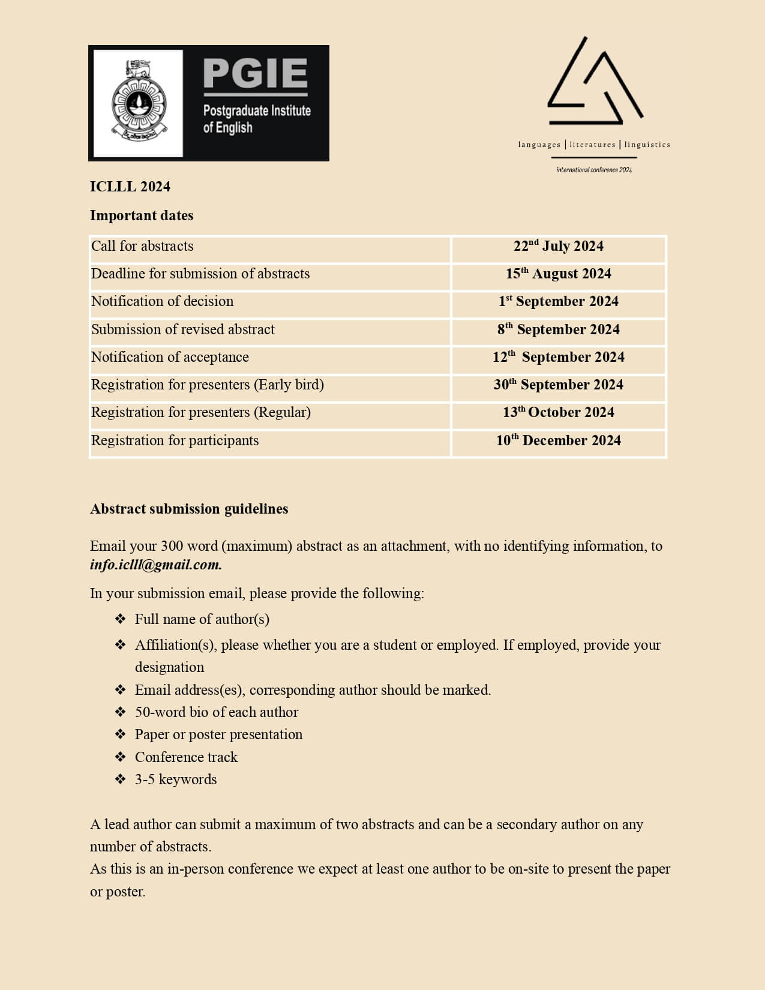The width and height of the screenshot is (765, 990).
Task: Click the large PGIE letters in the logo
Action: pyautogui.click(x=256, y=73)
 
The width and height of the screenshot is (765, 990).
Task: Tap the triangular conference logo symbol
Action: pyautogui.click(x=594, y=84)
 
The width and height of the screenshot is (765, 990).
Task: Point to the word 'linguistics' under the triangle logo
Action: pyautogui.click(x=647, y=145)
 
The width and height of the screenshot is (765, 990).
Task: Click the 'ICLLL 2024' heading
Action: pyautogui.click(x=130, y=187)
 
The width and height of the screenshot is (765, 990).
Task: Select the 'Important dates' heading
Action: pyautogui.click(x=142, y=215)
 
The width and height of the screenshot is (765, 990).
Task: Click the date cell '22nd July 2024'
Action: pyautogui.click(x=558, y=247)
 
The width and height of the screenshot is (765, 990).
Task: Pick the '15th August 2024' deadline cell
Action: pyautogui.click(x=558, y=274)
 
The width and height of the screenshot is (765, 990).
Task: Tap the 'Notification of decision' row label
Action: pyautogui.click(x=162, y=301)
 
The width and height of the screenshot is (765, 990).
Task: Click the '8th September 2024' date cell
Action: pyautogui.click(x=558, y=329)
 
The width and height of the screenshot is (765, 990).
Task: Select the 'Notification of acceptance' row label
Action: pyautogui.click(x=170, y=357)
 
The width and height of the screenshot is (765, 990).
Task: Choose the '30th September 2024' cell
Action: pyautogui.click(x=558, y=385)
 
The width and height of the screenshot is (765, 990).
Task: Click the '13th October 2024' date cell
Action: pyautogui.click(x=558, y=412)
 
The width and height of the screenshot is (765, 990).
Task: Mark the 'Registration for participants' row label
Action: pyautogui.click(x=175, y=440)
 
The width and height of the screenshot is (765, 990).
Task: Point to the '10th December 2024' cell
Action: pyautogui.click(x=558, y=440)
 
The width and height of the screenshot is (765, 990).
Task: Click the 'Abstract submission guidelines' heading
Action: pyautogui.click(x=189, y=509)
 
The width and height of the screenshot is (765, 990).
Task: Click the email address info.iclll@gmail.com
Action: pyautogui.click(x=156, y=565)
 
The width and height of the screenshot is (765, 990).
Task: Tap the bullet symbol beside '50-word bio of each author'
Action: pyautogui.click(x=121, y=712)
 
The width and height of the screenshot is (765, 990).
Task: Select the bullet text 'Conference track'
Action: pyautogui.click(x=186, y=757)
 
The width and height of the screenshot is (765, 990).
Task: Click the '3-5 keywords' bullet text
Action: pyautogui.click(x=176, y=779)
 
